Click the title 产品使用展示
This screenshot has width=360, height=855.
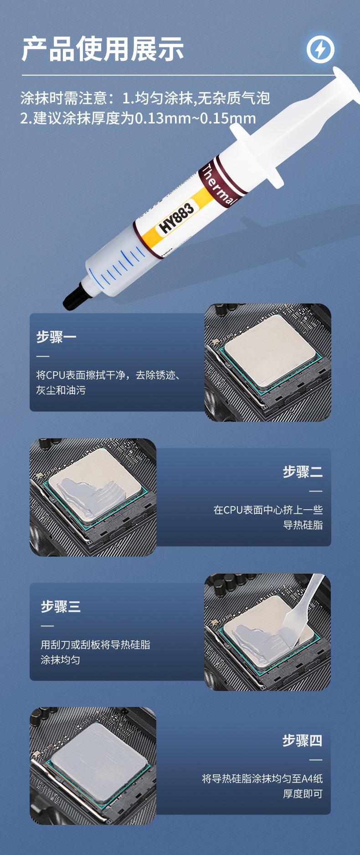coord(103,49)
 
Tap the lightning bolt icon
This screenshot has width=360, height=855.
coord(320,49)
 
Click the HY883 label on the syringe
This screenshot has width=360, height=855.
coord(177,217)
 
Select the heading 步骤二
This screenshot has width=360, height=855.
coord(303,472)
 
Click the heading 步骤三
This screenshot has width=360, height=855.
coord(61,607)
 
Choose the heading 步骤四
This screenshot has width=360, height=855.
coord(302,741)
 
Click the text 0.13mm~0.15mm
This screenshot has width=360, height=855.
coord(195,118)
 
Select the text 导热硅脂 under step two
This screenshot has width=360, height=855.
coord(303,525)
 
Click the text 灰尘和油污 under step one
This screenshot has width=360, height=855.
coord(61,390)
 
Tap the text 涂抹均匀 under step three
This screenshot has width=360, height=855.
coord(60,660)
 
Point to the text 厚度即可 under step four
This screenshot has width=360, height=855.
coord(303,794)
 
